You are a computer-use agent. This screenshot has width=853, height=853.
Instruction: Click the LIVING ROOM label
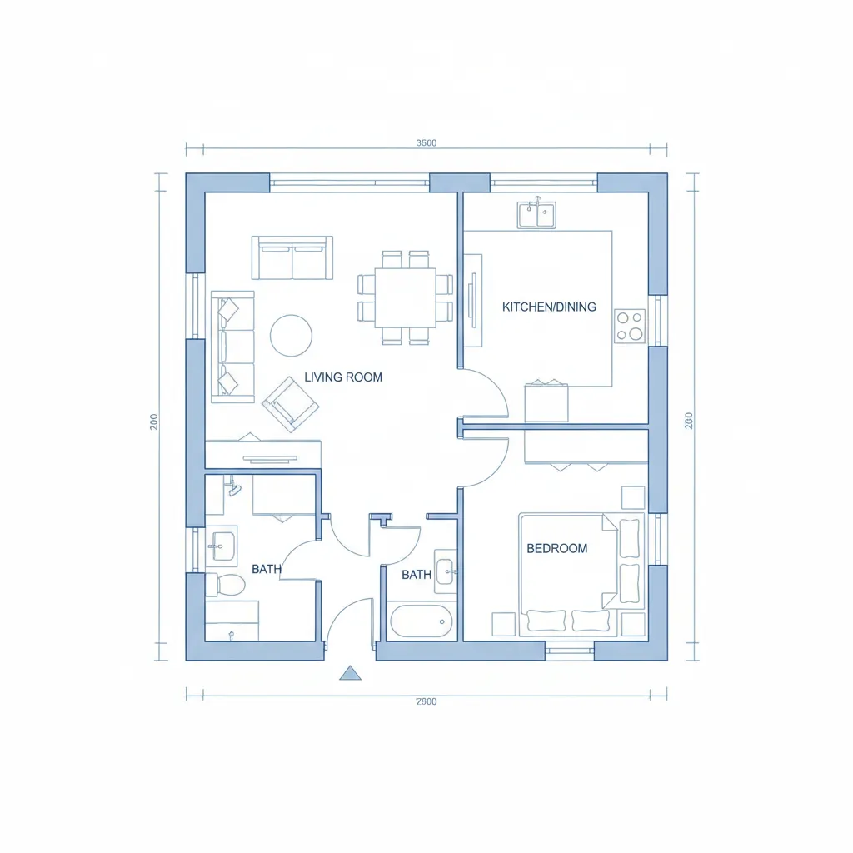click(x=342, y=377)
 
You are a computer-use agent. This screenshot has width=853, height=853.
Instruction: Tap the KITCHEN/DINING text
click(x=549, y=307)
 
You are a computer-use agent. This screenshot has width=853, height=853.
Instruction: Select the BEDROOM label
click(x=557, y=548)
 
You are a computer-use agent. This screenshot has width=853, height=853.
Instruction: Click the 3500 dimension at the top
click(x=426, y=142)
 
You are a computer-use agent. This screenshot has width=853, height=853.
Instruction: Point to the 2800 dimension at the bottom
click(x=426, y=701)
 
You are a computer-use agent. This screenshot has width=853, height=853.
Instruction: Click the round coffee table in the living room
click(x=291, y=335)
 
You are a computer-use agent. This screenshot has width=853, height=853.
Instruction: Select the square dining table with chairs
click(x=406, y=297)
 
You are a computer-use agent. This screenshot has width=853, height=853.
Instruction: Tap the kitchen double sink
click(x=537, y=214)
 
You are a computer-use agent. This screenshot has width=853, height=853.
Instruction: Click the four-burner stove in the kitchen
click(x=630, y=326)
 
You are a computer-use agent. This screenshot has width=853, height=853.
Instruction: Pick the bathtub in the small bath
click(x=422, y=621)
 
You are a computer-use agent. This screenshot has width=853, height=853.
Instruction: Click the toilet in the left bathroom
click(x=225, y=585)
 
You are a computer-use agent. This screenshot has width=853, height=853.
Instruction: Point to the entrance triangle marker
click(x=351, y=673)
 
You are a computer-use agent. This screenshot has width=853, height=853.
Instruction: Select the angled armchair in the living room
click(x=291, y=404)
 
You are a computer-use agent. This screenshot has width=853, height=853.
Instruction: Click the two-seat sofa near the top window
click(x=292, y=257)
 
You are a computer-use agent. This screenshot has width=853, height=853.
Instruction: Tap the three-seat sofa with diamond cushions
click(x=233, y=347)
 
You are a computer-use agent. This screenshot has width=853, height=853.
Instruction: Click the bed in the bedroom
click(x=581, y=575)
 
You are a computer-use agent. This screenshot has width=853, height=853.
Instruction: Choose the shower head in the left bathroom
click(x=234, y=487)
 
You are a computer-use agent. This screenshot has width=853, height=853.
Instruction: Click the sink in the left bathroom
click(x=222, y=545)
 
